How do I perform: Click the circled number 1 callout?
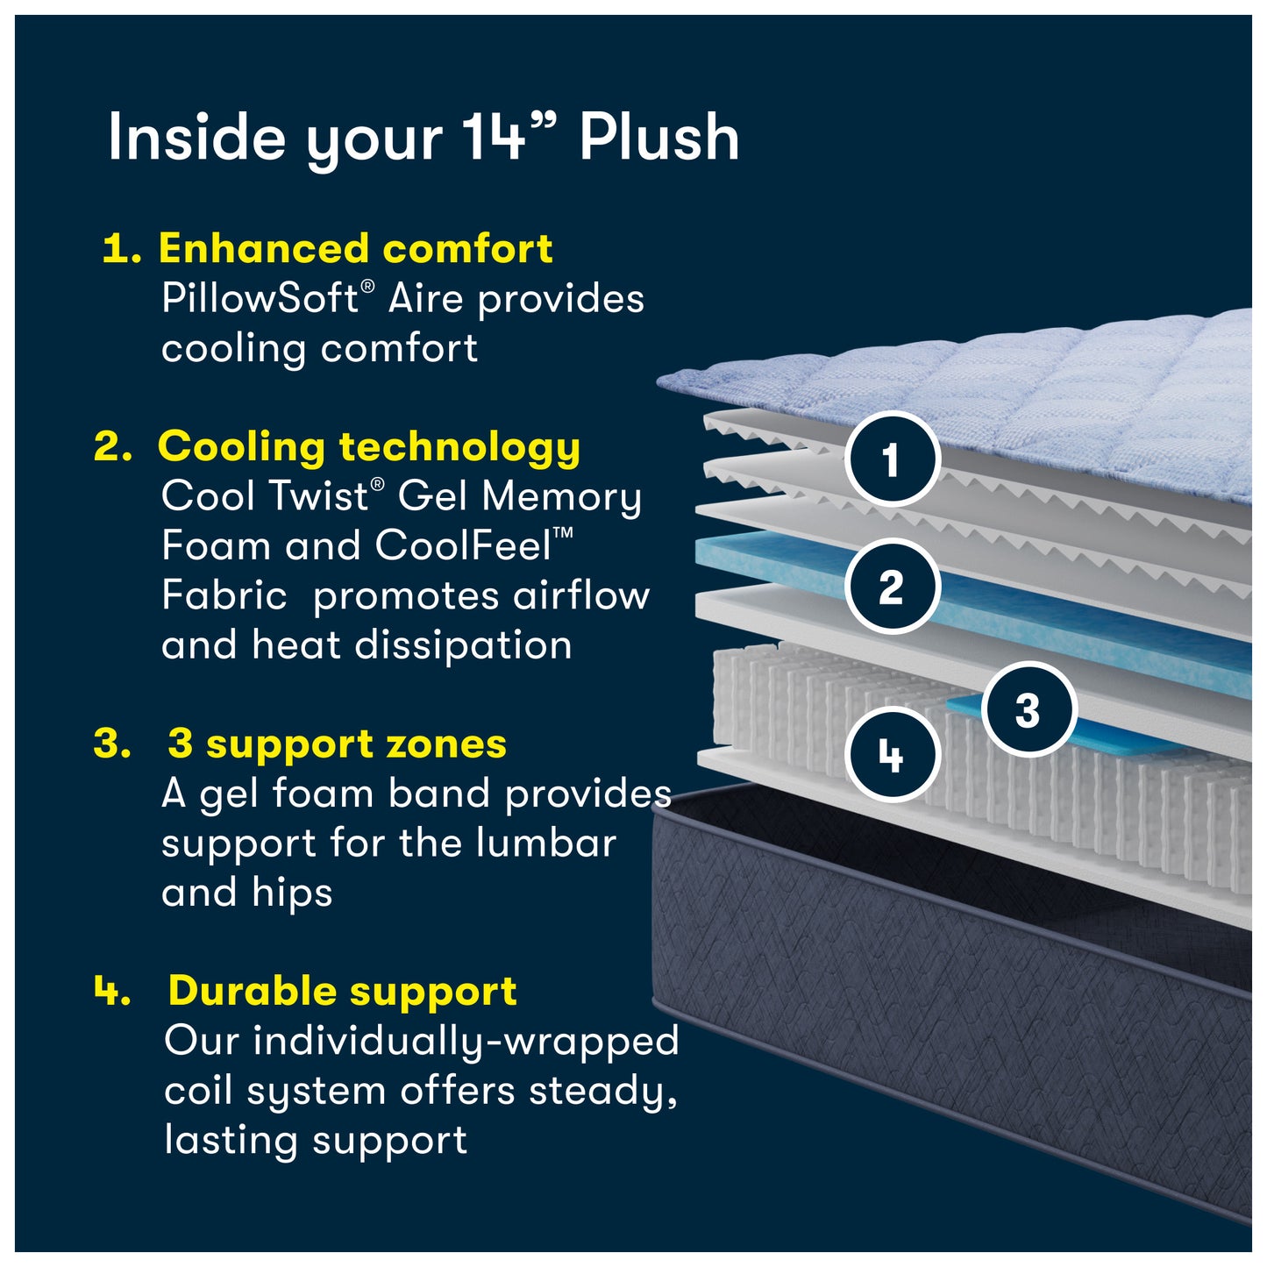[x=892, y=459]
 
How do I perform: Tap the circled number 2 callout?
[x=892, y=587]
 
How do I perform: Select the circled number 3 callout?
[x=1028, y=709]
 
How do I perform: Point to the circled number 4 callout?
[x=892, y=754]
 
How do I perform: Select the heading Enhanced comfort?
[x=355, y=249]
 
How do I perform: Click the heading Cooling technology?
[x=368, y=447]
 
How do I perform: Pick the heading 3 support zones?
[x=337, y=744]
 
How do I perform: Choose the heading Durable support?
[x=342, y=992]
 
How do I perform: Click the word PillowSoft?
[x=260, y=299]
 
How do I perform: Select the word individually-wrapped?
[x=466, y=1042]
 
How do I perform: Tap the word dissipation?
[x=463, y=646]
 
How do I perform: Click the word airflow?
[x=581, y=596]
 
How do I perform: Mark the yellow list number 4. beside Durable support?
[x=112, y=992]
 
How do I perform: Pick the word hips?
[x=292, y=893]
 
